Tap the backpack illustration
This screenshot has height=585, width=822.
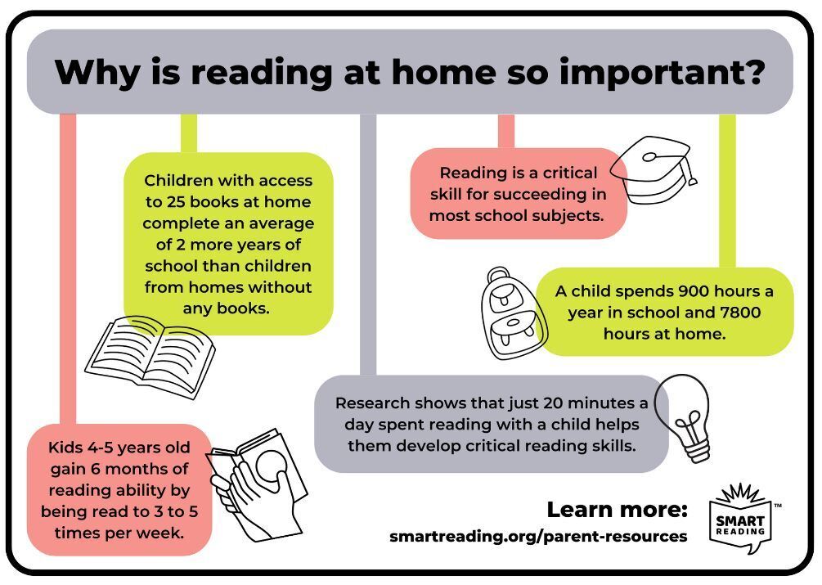pyautogui.click(x=514, y=313)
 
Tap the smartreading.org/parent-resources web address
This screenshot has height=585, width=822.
pyautogui.click(x=538, y=536)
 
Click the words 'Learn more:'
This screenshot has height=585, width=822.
pyautogui.click(x=617, y=509)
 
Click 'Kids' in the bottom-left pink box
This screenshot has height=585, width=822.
pyautogui.click(x=65, y=448)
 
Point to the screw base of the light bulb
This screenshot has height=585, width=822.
pyautogui.click(x=698, y=450)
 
